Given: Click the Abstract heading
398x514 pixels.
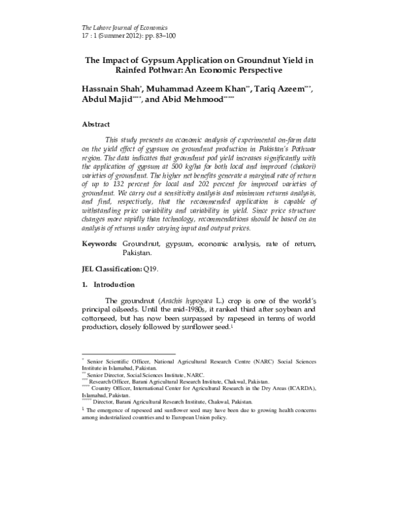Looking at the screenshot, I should (96, 124).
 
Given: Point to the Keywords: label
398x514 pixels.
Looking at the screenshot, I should (99, 244).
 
